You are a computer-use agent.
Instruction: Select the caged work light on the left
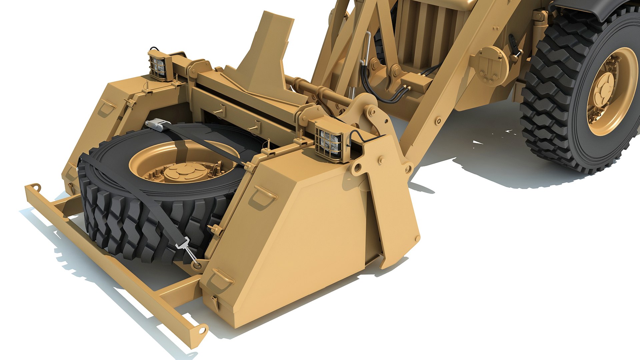158,66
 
